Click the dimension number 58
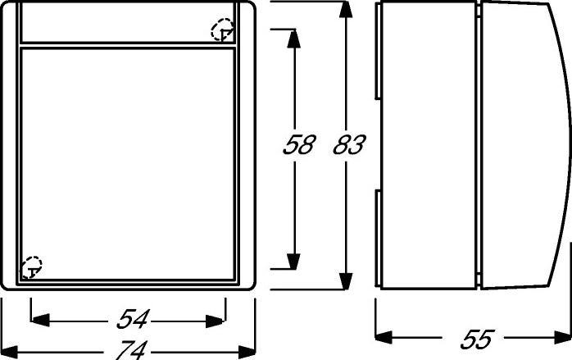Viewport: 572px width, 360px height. pyautogui.click(x=299, y=144)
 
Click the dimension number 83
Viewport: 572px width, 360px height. pyautogui.click(x=349, y=144)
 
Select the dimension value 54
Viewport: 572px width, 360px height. pyautogui.click(x=133, y=319)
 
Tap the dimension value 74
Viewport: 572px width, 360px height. pyautogui.click(x=131, y=350)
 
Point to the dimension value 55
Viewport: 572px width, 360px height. pyautogui.click(x=477, y=339)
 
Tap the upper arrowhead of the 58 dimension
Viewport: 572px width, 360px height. pyautogui.click(x=293, y=39)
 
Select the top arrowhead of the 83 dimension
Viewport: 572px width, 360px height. pyautogui.click(x=346, y=10)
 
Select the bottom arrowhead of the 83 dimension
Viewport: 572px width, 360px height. pyautogui.click(x=346, y=281)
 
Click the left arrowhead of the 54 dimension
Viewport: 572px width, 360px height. pyautogui.click(x=40, y=320)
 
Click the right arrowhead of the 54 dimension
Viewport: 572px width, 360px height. pyautogui.click(x=216, y=321)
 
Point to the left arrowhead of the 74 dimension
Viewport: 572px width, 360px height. pyautogui.click(x=9, y=352)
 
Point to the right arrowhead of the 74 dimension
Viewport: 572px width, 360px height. pyautogui.click(x=247, y=352)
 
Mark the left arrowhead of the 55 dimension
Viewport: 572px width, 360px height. pyautogui.click(x=384, y=337)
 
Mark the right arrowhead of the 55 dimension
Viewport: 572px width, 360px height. pyautogui.click(x=562, y=337)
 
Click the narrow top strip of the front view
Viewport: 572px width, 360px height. pyautogui.click(x=128, y=23)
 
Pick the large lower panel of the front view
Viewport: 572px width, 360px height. pyautogui.click(x=128, y=164)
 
